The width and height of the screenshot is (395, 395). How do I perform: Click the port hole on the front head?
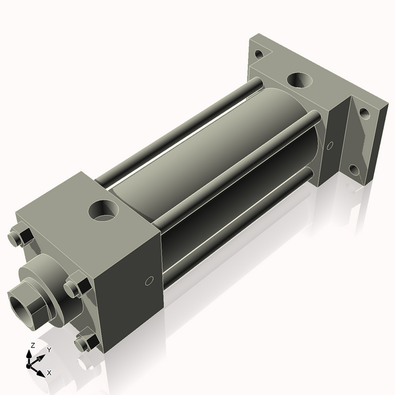tap(104, 211)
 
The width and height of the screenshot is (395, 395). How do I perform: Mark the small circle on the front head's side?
tap(149, 281)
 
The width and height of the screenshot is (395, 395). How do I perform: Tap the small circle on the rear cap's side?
tap(330, 145)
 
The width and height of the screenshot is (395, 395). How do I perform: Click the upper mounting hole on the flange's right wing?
tap(364, 113)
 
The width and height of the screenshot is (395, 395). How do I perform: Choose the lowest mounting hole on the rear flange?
tap(354, 170)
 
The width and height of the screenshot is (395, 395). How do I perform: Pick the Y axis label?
tap(49, 350)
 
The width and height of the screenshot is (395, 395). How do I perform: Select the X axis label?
tap(49, 373)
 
